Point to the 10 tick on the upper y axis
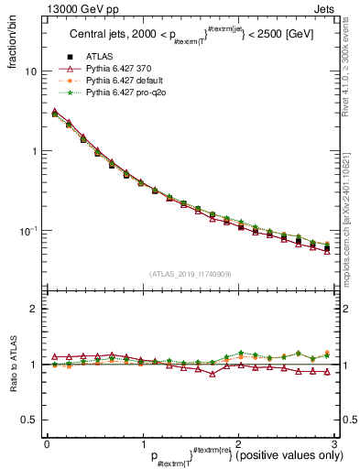[x=31, y=71]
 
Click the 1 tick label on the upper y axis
[x=34, y=151]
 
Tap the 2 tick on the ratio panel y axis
[x=34, y=309]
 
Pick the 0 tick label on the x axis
[x=47, y=443]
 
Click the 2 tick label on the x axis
[x=238, y=443]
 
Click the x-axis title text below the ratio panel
[x=233, y=455]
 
